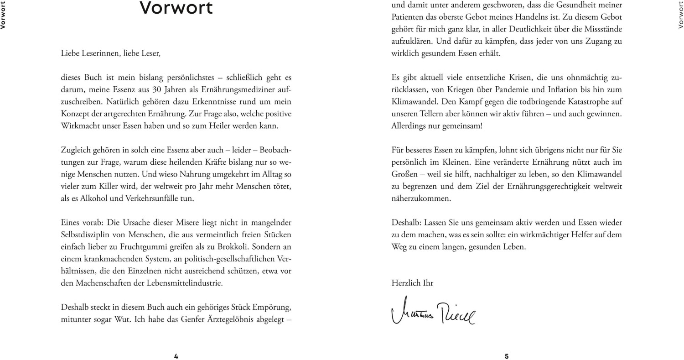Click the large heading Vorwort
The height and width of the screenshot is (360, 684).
(x=176, y=8)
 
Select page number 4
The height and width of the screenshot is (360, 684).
(x=176, y=356)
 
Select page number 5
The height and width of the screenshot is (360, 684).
(x=507, y=356)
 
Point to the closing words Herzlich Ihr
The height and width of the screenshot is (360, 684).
(x=412, y=283)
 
